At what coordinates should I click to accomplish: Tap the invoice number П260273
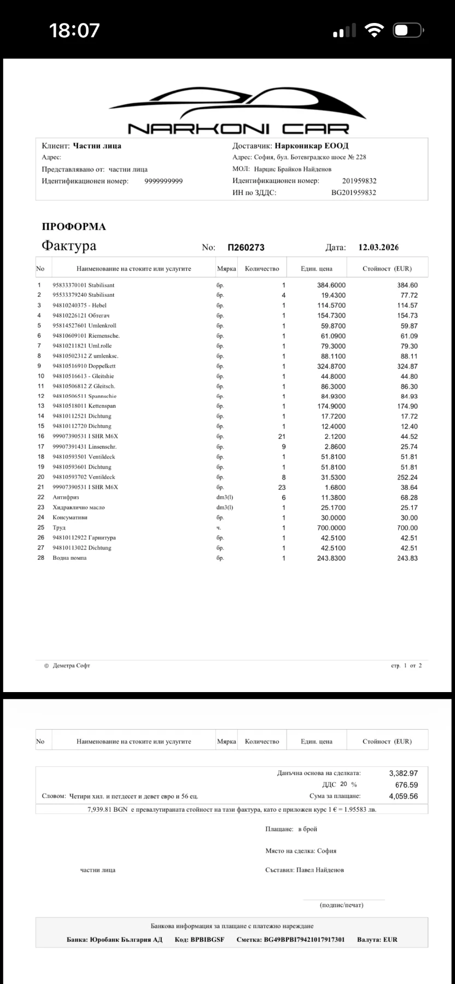click(x=246, y=247)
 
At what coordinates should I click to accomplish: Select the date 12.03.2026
click(x=378, y=247)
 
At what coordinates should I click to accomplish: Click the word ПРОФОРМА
click(x=74, y=227)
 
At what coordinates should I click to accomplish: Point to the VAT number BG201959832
click(x=354, y=192)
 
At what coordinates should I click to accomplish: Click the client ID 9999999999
click(x=164, y=181)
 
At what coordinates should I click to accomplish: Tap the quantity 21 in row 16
click(x=282, y=436)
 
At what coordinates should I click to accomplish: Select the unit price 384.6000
click(x=331, y=285)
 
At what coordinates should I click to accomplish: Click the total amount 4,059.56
click(x=403, y=796)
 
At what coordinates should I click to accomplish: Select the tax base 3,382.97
click(x=403, y=773)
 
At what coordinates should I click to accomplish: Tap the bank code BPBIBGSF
click(x=207, y=940)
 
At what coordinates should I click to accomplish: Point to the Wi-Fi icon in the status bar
click(x=375, y=31)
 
